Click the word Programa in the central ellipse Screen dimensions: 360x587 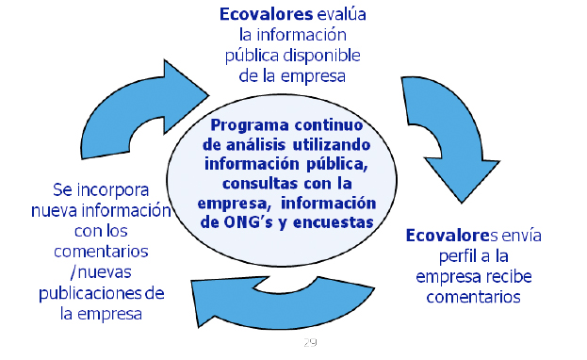point(248,125)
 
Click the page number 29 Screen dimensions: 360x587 point(310,341)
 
